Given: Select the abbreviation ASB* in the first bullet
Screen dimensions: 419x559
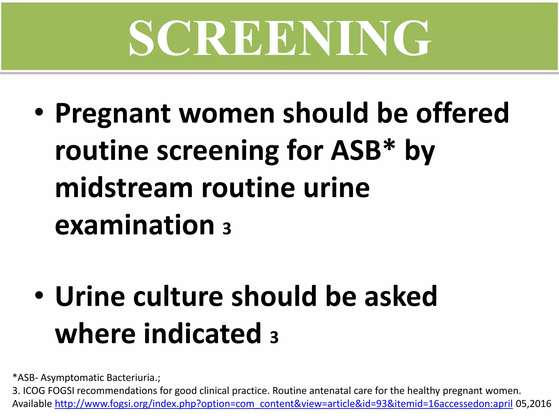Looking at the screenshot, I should tap(363, 151).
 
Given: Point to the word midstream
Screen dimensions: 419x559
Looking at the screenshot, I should tap(124, 188).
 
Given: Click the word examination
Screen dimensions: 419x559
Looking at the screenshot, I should tap(135, 225).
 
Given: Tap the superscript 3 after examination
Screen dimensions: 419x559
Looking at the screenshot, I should tap(227, 229).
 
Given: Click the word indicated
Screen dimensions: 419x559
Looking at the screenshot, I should tap(203, 333).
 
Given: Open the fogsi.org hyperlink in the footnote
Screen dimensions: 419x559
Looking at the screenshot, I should tap(284, 404).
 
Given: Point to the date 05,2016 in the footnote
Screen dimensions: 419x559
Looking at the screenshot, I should tap(533, 404).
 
